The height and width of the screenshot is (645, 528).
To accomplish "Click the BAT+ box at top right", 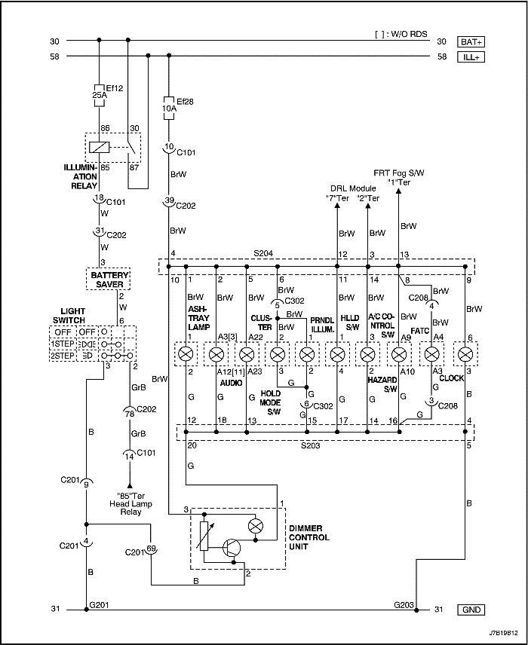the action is [471, 41].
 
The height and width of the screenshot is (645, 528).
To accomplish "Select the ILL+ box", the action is [471, 57].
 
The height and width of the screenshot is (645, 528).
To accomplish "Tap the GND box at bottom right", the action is [471, 610].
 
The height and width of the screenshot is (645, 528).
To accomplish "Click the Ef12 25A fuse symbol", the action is [100, 96].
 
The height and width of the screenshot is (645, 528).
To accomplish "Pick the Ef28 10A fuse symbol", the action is [169, 109].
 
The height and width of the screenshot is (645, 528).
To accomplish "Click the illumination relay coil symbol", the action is [100, 147].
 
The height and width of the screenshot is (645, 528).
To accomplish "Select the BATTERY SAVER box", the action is [109, 280].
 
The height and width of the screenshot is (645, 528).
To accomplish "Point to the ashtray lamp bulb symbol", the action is [186, 354].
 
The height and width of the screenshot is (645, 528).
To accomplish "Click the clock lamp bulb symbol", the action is [465, 354].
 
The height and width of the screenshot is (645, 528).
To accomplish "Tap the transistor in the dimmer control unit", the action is [232, 548].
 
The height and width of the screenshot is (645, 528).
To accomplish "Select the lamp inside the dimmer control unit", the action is [256, 526].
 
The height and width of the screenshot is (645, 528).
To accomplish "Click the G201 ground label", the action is [99, 604].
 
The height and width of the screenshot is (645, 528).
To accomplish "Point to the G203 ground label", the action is [404, 604].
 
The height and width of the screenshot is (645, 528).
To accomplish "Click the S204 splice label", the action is [263, 254].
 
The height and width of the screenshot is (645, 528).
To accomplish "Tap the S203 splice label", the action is [310, 445].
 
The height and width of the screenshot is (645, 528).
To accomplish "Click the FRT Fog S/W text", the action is [399, 173].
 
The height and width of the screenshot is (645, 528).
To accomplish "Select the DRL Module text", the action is [353, 188].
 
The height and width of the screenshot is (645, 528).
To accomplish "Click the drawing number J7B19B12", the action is [504, 633].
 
